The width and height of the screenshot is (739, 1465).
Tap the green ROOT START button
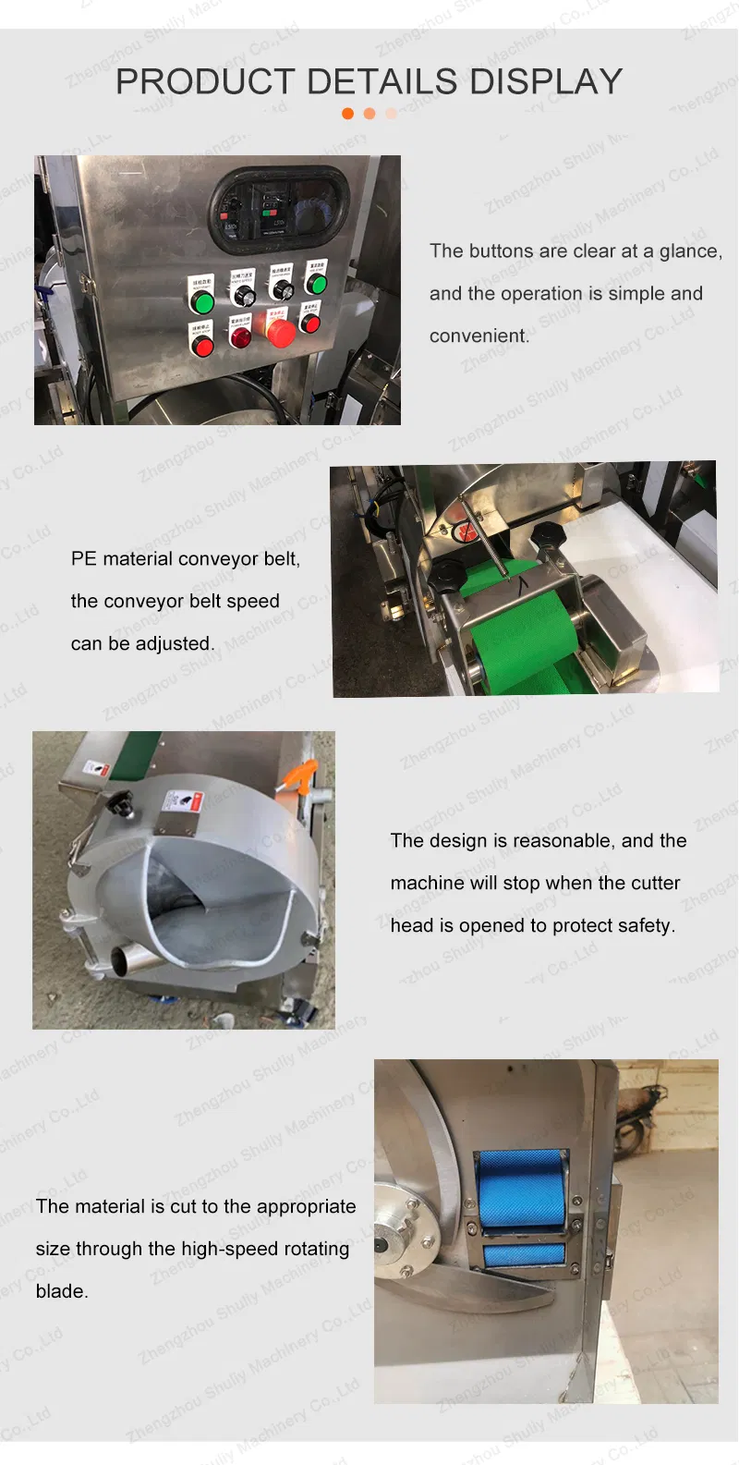point(202,302)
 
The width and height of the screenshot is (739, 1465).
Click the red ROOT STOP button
point(202,347)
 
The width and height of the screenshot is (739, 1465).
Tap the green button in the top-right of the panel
point(317,284)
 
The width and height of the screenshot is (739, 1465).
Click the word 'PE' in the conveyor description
point(83,559)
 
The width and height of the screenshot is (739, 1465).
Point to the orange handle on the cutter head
point(301,775)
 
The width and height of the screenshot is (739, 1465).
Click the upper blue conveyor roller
point(521,1189)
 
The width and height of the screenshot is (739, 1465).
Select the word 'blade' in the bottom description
point(59,1292)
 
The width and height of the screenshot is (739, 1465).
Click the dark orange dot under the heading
point(348,114)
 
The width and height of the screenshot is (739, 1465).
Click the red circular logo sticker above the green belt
point(467,532)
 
